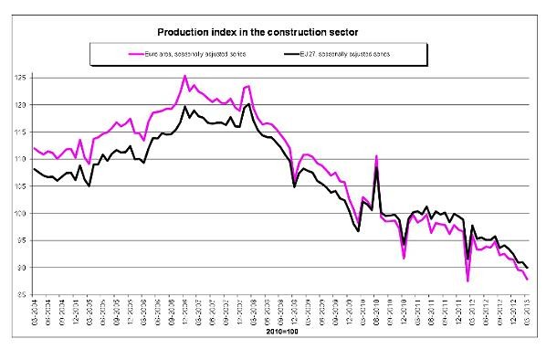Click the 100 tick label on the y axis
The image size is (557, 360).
click(x=22, y=214)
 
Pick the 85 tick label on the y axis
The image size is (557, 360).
click(x=22, y=295)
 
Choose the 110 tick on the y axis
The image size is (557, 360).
click(x=22, y=159)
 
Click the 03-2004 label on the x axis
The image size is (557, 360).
click(x=35, y=311)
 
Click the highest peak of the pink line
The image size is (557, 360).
click(x=185, y=76)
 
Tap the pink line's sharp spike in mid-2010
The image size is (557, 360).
click(x=375, y=156)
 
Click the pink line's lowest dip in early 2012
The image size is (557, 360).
click(x=468, y=281)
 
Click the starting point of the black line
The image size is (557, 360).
click(x=34, y=169)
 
